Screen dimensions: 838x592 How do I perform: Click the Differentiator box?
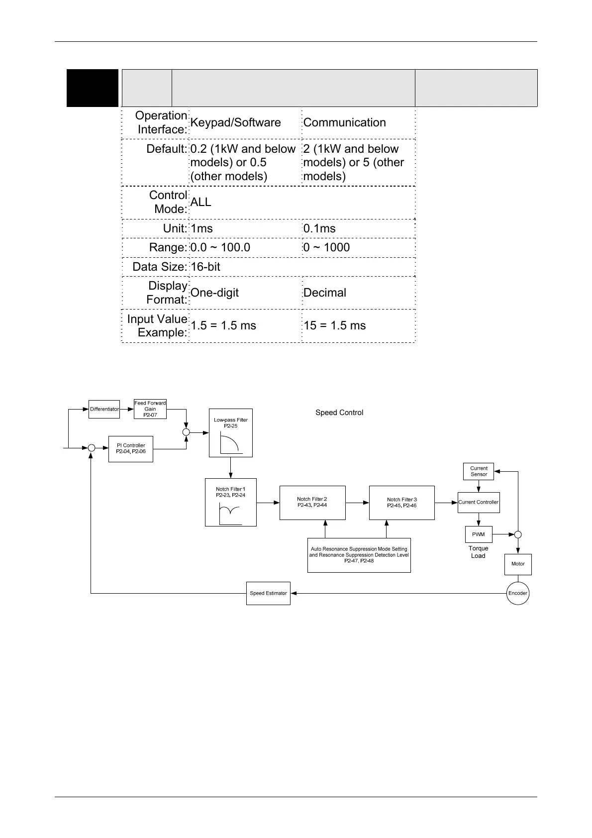[x=104, y=409]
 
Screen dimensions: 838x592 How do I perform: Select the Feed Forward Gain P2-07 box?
[x=150, y=409]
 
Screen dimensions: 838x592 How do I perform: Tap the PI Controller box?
[x=131, y=449]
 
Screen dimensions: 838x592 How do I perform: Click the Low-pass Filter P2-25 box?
[x=230, y=433]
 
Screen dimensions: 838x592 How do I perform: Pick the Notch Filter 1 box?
[x=230, y=502]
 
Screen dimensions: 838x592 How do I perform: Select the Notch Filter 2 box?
[x=312, y=503]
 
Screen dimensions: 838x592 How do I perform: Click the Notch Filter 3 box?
[x=401, y=503]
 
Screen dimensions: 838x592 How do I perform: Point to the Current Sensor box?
[x=479, y=471]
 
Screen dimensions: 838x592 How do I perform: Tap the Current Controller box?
[x=478, y=502]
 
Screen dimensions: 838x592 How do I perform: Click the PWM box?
[x=478, y=534]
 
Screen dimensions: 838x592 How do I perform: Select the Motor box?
[x=518, y=564]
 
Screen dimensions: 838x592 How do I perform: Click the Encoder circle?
[x=517, y=593]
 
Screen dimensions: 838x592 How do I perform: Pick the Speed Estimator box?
[x=268, y=593]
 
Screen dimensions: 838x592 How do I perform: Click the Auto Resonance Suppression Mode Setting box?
[x=359, y=555]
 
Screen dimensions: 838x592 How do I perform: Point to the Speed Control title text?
[x=339, y=413]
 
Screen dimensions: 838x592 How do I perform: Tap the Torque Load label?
[x=478, y=552]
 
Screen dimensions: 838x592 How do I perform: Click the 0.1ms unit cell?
[x=319, y=228]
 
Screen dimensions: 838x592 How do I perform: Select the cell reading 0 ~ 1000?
[x=326, y=247]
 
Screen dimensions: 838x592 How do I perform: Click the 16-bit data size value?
[x=205, y=267]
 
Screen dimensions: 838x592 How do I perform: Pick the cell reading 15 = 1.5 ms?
[x=334, y=325]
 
